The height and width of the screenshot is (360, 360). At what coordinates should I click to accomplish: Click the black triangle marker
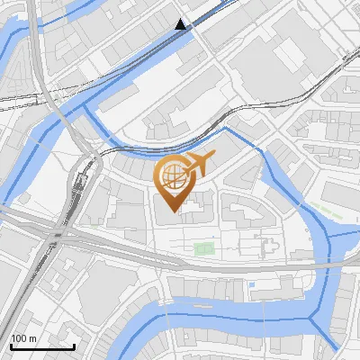point(182,24)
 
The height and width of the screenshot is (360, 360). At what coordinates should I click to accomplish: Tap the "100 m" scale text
point(23,338)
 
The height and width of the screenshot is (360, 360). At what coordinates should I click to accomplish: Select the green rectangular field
point(204,247)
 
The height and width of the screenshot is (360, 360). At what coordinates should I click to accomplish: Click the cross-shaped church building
point(267,247)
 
